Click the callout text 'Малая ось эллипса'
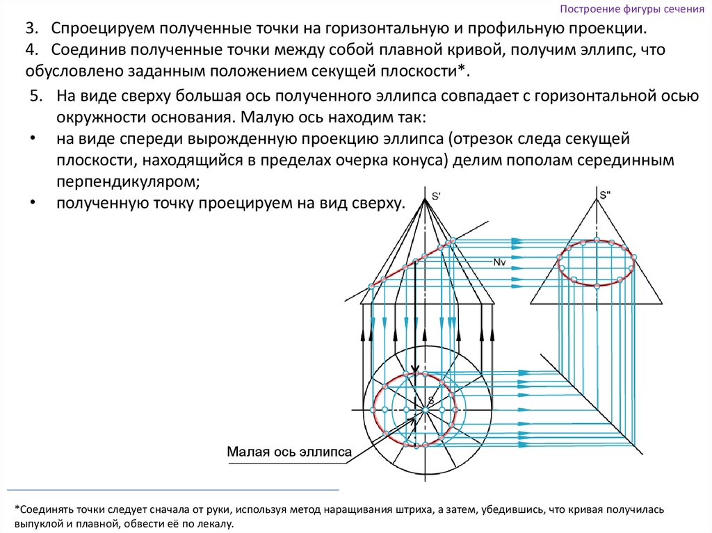(x=289, y=452)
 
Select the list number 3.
(x=31, y=31)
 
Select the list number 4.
(x=31, y=51)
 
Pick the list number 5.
(x=37, y=96)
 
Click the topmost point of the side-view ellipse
(x=597, y=241)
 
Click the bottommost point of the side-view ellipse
(x=597, y=286)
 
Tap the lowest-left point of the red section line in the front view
(x=372, y=286)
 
